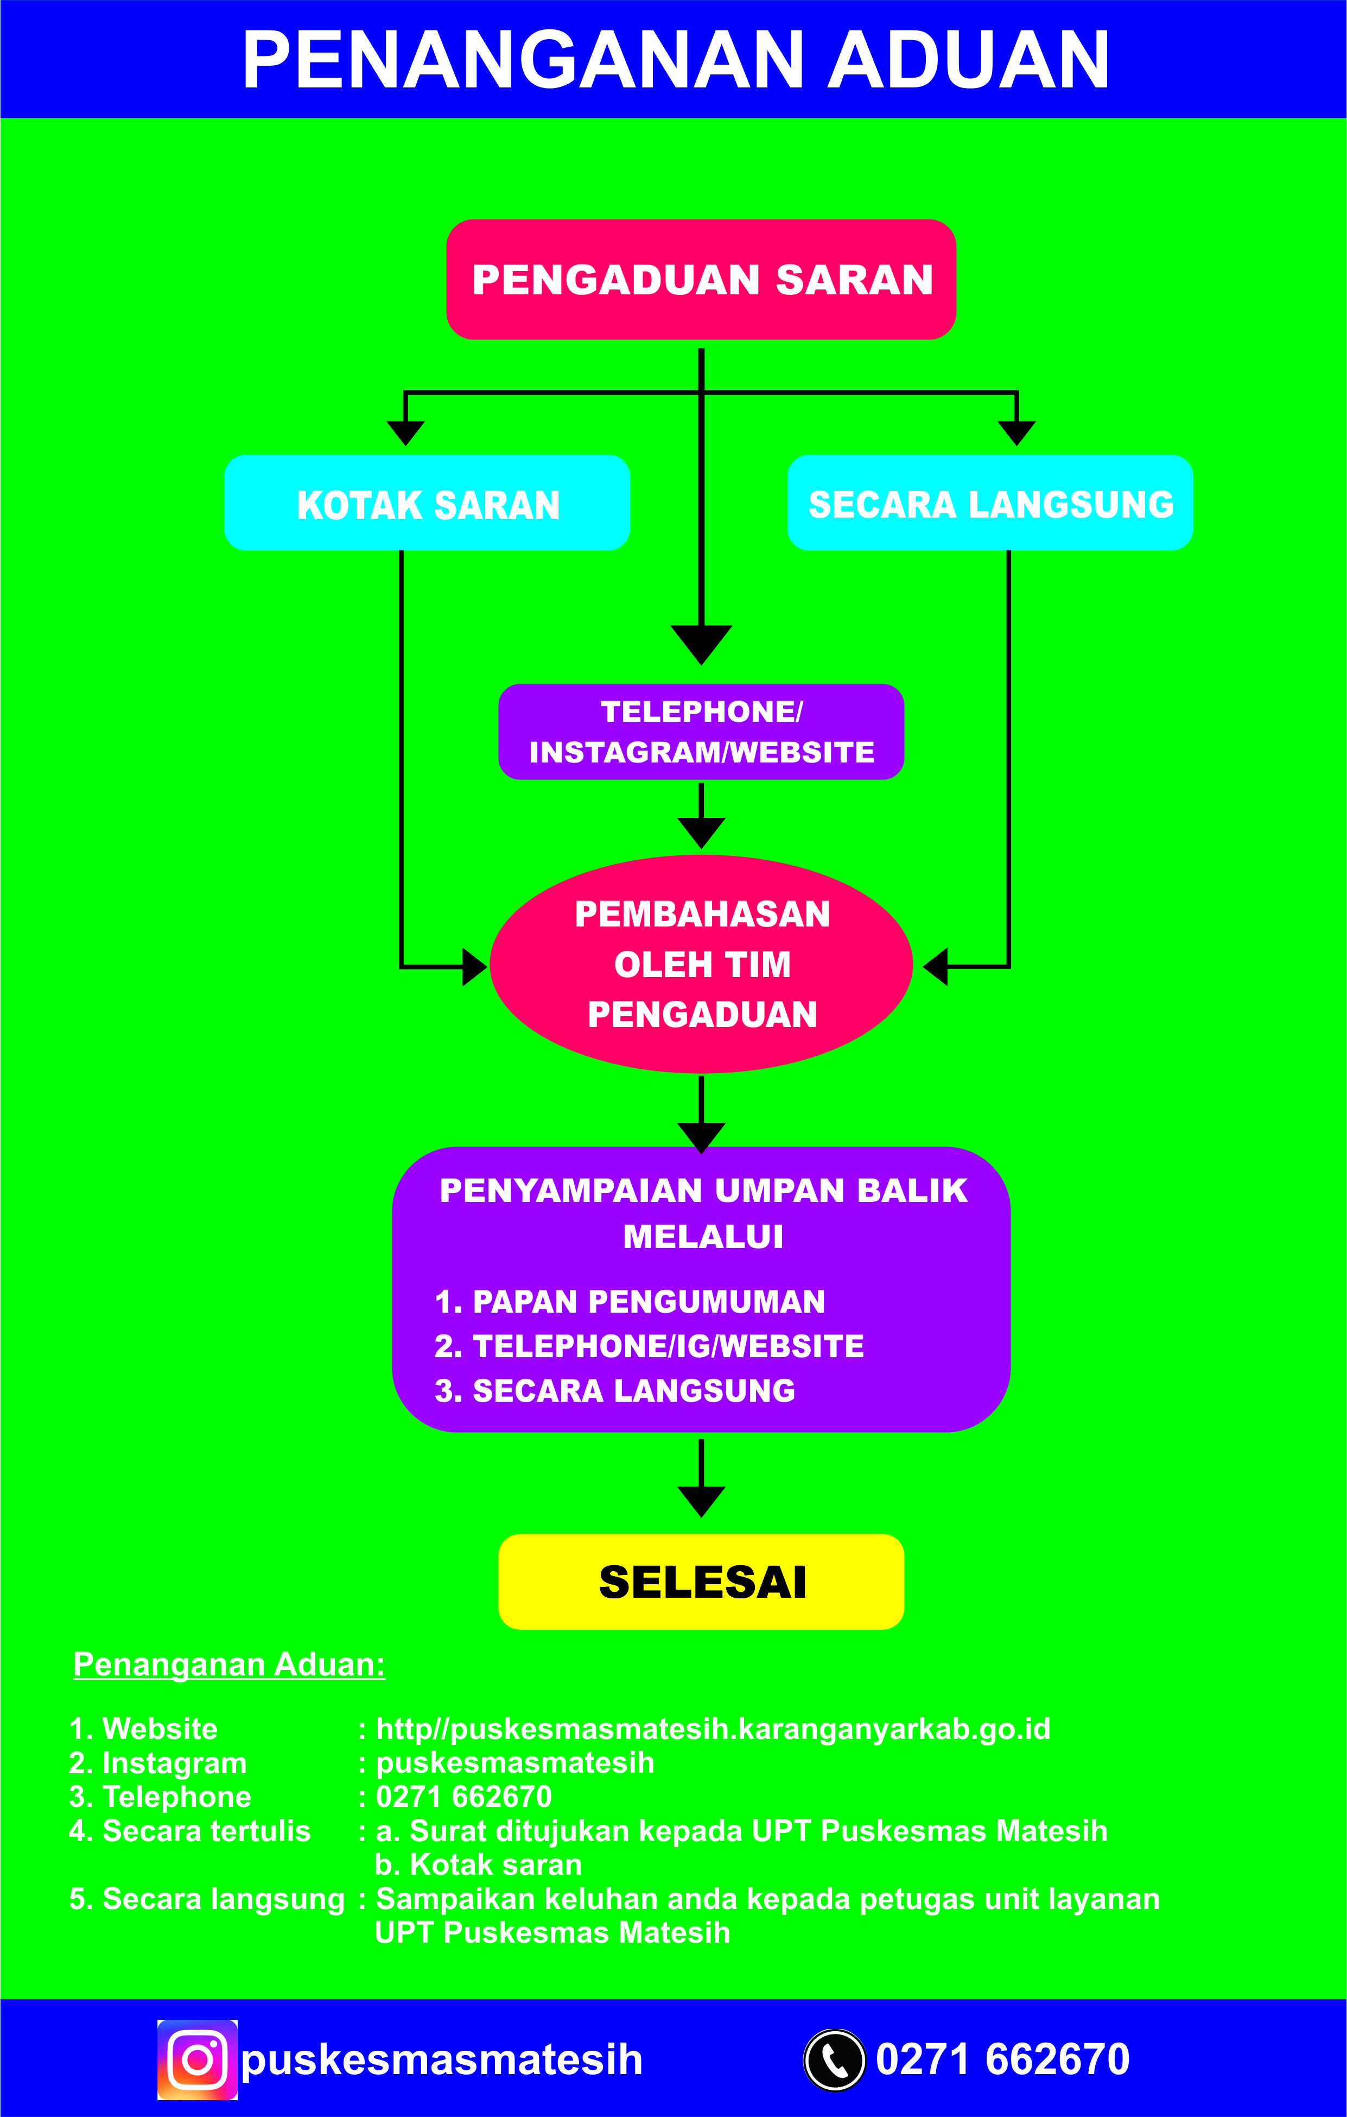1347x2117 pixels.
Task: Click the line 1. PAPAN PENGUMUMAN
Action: [630, 1301]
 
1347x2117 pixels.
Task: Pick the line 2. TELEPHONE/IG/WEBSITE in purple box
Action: [649, 1346]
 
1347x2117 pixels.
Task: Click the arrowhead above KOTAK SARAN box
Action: [405, 432]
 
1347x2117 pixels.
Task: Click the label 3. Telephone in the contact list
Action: [160, 1796]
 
